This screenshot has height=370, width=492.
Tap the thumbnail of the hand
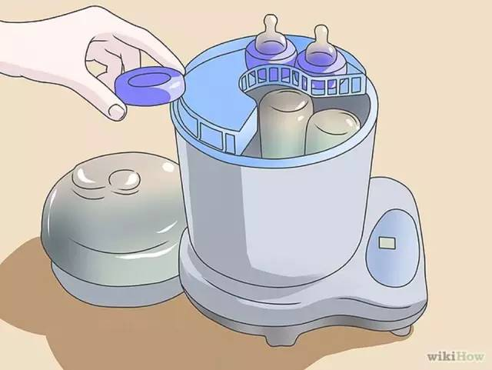[x=117, y=111]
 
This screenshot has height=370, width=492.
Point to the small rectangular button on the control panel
[x=387, y=243]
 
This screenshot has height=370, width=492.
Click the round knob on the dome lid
[x=125, y=181]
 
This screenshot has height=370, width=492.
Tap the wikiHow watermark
[x=455, y=356]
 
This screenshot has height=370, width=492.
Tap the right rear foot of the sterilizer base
[x=402, y=330]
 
